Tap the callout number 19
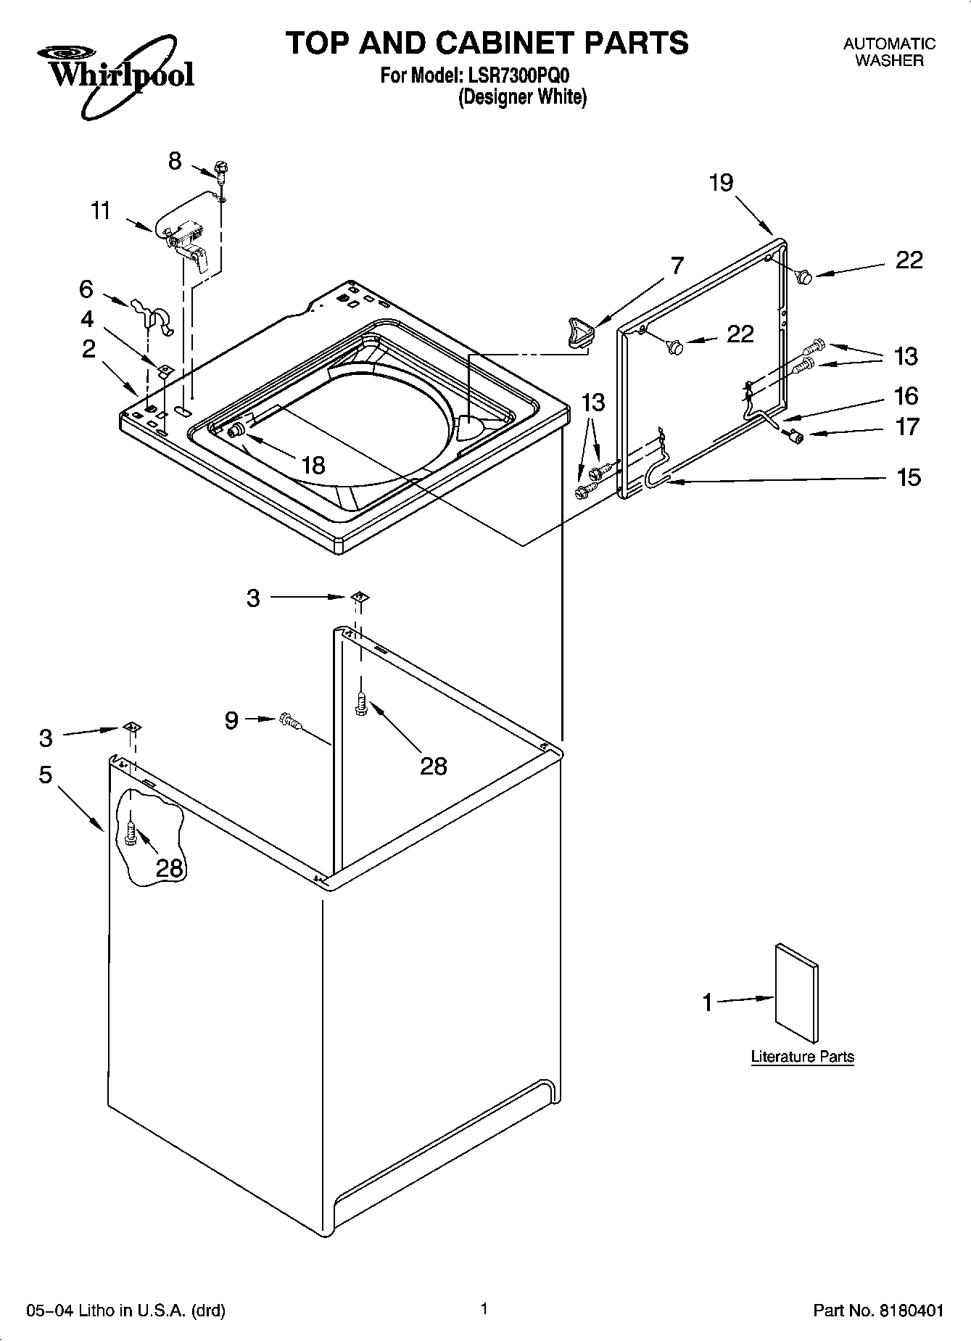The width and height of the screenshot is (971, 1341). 721,182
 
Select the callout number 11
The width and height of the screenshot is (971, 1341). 101,211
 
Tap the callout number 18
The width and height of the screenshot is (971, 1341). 313,464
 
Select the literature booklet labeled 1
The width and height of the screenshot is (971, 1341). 797,994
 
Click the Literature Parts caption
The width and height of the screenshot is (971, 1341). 802,1057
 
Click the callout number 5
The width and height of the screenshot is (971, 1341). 46,775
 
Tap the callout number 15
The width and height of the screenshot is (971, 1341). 908,477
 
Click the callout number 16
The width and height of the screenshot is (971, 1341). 906,396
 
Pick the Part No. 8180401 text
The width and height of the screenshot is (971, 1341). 878,1311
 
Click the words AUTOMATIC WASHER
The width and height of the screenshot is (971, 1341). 889,52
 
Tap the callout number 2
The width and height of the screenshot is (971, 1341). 88,350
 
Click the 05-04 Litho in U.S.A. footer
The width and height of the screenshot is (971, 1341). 125,1311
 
